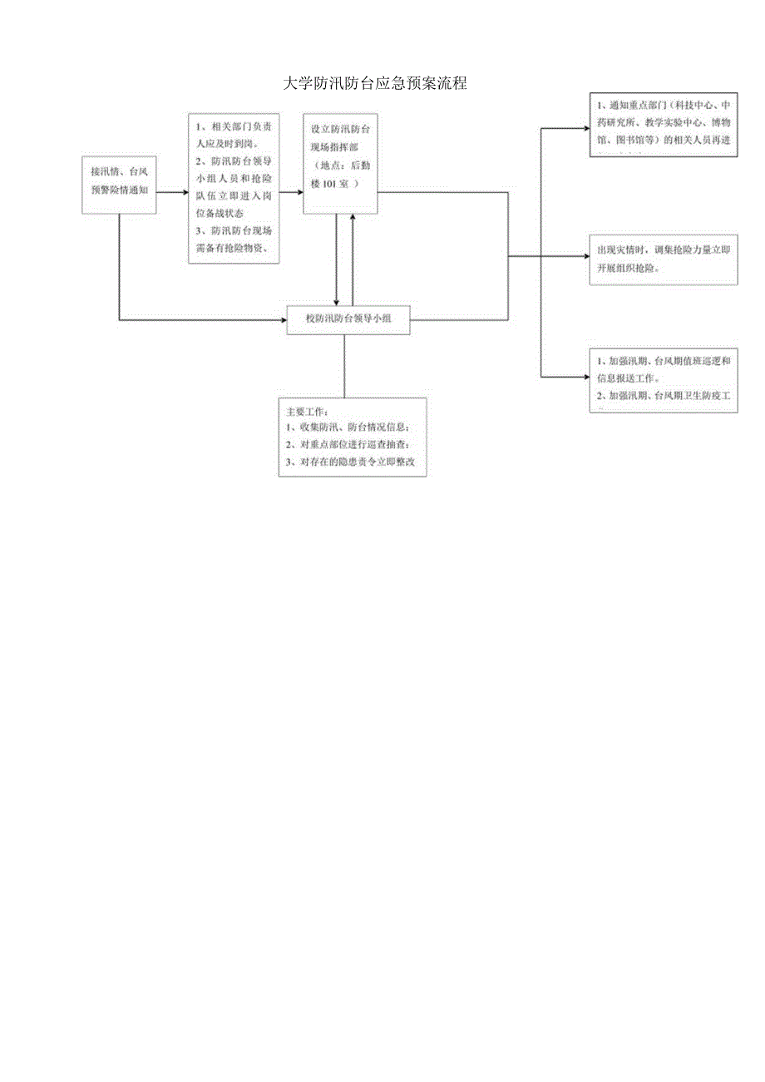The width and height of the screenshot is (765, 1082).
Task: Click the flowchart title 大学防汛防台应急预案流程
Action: [375, 84]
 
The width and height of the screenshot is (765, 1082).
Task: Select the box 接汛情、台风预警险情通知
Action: [120, 185]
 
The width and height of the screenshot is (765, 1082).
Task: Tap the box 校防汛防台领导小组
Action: [348, 319]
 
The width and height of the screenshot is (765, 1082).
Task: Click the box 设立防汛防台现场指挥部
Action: [339, 164]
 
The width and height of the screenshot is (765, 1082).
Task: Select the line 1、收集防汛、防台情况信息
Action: [348, 427]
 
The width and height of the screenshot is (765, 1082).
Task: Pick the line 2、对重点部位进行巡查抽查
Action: [348, 445]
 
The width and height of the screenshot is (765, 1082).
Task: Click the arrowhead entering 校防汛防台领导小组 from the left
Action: [283, 319]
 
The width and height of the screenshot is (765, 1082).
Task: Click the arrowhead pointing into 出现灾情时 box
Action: [585, 256]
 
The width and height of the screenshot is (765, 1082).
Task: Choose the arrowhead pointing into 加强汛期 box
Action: [585, 377]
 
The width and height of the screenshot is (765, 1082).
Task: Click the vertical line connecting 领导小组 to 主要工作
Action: [344, 366]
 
